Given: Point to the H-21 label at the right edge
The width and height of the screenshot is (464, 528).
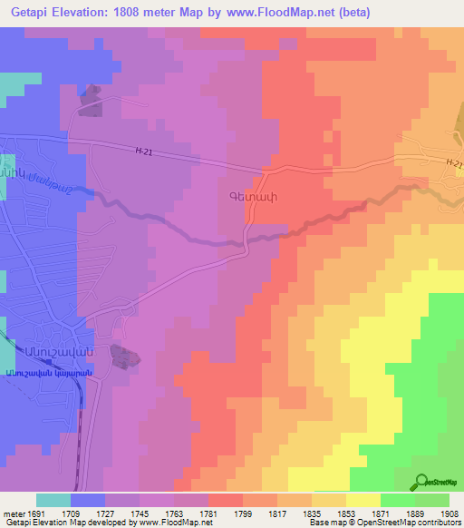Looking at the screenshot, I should pos(454,163).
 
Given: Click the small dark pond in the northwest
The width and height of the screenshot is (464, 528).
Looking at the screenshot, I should pos(90,101).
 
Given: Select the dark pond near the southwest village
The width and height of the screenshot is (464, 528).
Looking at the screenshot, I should pos(121,357).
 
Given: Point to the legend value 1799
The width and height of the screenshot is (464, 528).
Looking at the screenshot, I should pos(243,513).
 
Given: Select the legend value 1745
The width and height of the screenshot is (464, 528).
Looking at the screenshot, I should pos(140,513).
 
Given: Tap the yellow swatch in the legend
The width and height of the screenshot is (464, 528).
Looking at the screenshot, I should pos(362,500).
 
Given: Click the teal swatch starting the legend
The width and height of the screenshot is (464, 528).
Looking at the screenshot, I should pos(53,500).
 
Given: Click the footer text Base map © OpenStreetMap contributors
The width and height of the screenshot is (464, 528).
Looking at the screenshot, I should pos(383,523).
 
